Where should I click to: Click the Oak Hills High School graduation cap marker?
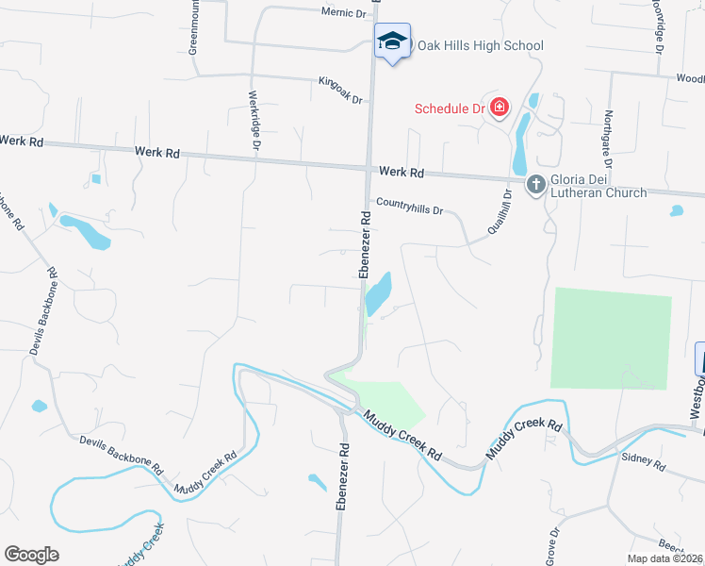[x=392, y=41]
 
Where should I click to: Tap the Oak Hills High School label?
[x=481, y=45]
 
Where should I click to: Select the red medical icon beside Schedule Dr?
[x=498, y=108]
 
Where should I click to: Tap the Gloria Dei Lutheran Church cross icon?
[x=535, y=184]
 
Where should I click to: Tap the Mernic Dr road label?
[x=343, y=13]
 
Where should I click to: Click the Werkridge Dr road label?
[x=254, y=120]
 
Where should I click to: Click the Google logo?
[x=31, y=555]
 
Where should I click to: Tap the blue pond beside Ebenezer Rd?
[x=378, y=294]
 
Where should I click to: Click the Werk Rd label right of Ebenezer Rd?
[x=402, y=173]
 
